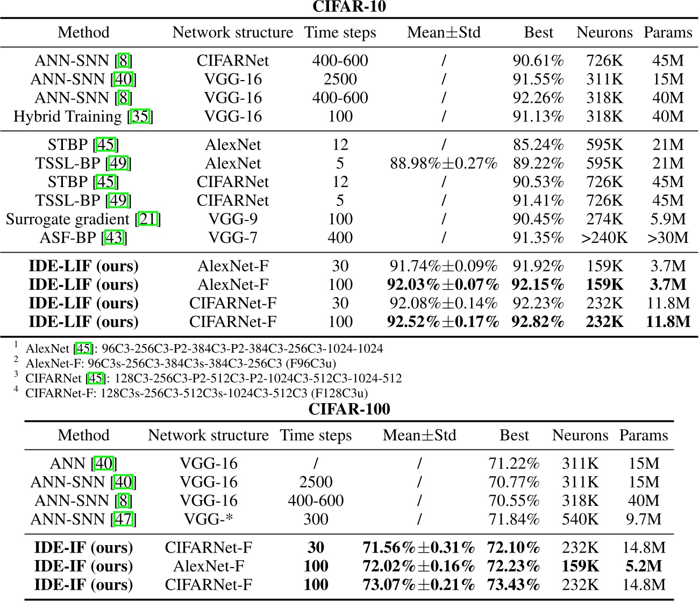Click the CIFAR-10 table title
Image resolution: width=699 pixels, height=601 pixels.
(x=349, y=7)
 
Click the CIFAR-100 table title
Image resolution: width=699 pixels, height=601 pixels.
(x=349, y=409)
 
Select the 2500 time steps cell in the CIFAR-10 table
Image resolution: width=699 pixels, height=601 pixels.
(x=340, y=80)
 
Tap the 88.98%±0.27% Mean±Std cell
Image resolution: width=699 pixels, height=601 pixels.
(x=444, y=163)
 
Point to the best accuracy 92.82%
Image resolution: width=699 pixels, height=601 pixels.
(x=538, y=322)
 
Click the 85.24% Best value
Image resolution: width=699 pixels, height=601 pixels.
(x=538, y=145)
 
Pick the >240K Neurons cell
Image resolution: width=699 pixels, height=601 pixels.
(x=604, y=238)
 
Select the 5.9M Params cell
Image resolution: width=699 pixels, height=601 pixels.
(x=668, y=219)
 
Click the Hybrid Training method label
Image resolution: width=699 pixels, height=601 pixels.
(x=68, y=117)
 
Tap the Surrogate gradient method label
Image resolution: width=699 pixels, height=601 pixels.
(x=68, y=219)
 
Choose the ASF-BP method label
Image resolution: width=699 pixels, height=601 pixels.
(x=68, y=238)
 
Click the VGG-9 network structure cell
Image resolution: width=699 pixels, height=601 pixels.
(x=232, y=219)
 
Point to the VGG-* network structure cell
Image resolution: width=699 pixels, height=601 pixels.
(x=208, y=519)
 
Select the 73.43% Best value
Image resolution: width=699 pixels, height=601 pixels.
(x=513, y=585)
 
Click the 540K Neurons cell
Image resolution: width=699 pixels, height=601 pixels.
(x=580, y=519)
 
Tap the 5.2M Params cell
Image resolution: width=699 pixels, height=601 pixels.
(x=644, y=566)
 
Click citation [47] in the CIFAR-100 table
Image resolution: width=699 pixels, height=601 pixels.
(x=123, y=519)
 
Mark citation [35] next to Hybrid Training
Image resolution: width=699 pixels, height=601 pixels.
(x=140, y=117)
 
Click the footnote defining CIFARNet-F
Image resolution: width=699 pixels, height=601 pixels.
(x=196, y=393)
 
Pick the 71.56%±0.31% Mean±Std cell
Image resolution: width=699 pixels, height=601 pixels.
(x=419, y=548)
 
